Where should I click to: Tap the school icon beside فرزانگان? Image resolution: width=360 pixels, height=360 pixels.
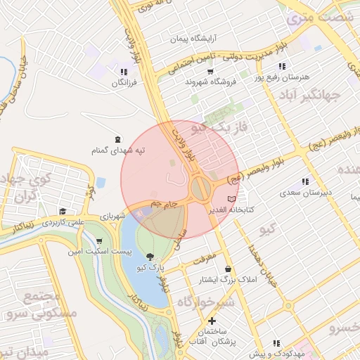pos(124,72)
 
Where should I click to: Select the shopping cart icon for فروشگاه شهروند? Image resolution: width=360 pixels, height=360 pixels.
pos(210,71)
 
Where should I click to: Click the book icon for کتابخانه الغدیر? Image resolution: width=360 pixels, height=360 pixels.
pos(232,200)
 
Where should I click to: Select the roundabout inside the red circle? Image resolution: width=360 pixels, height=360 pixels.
pos(200,188)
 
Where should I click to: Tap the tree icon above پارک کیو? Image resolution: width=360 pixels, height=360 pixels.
pos(150,257)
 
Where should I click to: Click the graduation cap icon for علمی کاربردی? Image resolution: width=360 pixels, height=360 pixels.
pos(63,211)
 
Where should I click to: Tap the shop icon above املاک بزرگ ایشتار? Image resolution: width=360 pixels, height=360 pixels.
pos(228,269)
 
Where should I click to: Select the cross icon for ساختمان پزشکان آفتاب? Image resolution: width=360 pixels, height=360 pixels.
pos(212,321)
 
